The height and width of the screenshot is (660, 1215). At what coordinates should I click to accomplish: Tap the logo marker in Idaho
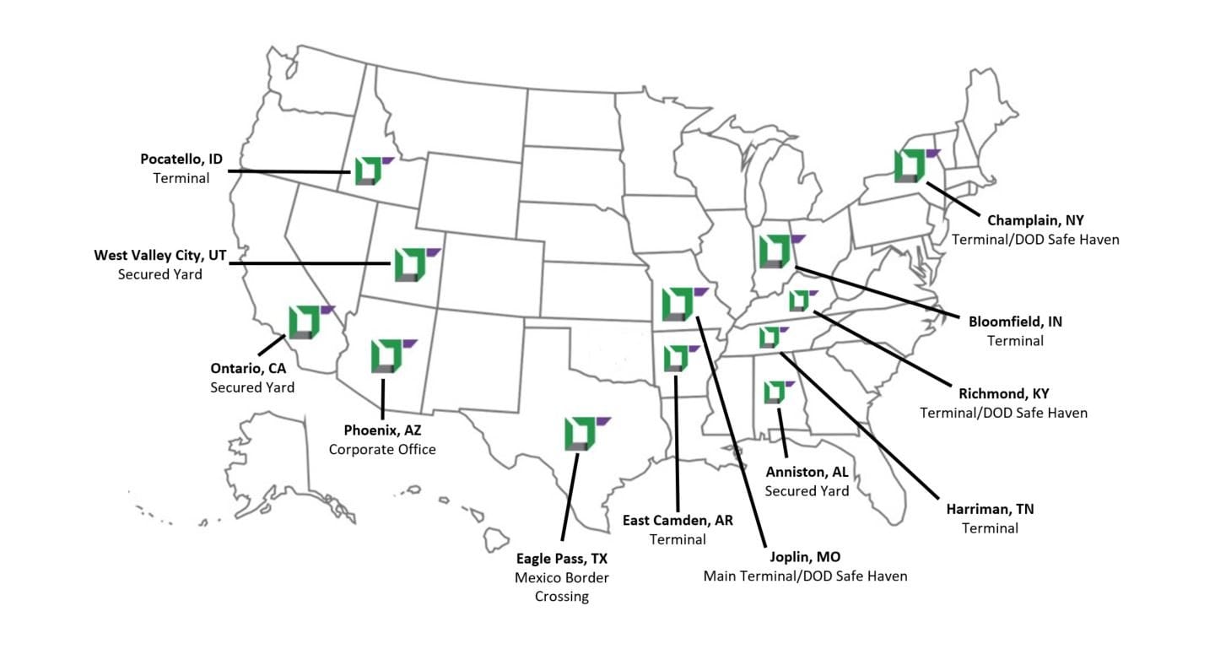click(368, 170)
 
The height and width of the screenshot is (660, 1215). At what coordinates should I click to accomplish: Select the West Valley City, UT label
click(159, 255)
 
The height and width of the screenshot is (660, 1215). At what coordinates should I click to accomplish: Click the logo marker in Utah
click(409, 264)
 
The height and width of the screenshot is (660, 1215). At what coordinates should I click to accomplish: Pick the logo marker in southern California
click(305, 322)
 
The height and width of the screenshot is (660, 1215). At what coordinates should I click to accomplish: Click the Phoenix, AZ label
click(382, 430)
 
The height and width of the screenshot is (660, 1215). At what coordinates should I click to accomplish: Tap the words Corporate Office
click(382, 449)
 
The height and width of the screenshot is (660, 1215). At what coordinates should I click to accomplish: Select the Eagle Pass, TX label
click(562, 559)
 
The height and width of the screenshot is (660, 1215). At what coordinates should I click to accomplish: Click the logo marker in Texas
click(580, 432)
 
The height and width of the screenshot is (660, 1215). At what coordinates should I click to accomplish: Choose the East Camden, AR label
click(678, 520)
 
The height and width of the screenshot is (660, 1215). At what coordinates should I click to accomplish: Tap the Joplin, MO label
click(805, 557)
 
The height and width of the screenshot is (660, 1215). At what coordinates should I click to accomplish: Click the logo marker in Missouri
click(678, 304)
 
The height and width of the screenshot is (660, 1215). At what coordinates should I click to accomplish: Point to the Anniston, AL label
click(807, 472)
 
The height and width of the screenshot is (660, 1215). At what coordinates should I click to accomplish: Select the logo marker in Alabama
click(774, 392)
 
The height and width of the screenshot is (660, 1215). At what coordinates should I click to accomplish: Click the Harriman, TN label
click(990, 509)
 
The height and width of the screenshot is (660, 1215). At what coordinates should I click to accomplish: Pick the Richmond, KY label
click(1003, 393)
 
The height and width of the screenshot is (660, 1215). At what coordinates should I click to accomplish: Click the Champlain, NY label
click(1035, 220)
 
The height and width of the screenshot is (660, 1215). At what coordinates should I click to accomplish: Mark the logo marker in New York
click(910, 165)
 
